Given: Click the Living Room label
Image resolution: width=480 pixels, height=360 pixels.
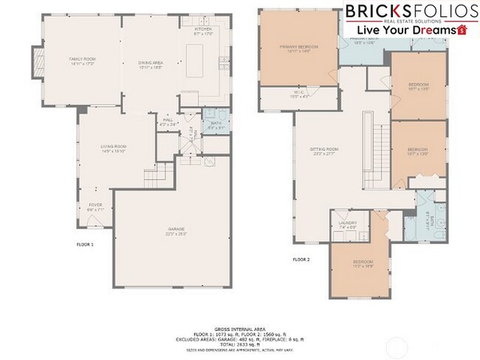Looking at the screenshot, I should tap(114, 149).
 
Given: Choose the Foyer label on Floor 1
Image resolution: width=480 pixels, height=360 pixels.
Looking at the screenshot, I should tap(96, 207).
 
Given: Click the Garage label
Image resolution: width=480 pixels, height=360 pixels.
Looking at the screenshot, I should tap(175, 233).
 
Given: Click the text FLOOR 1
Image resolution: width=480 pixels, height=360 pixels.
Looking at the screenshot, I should tap(86, 243).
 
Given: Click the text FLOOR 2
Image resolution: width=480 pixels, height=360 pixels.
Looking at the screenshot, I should tap(301, 260).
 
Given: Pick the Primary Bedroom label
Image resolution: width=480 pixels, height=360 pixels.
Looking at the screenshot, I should tap(298, 50).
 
